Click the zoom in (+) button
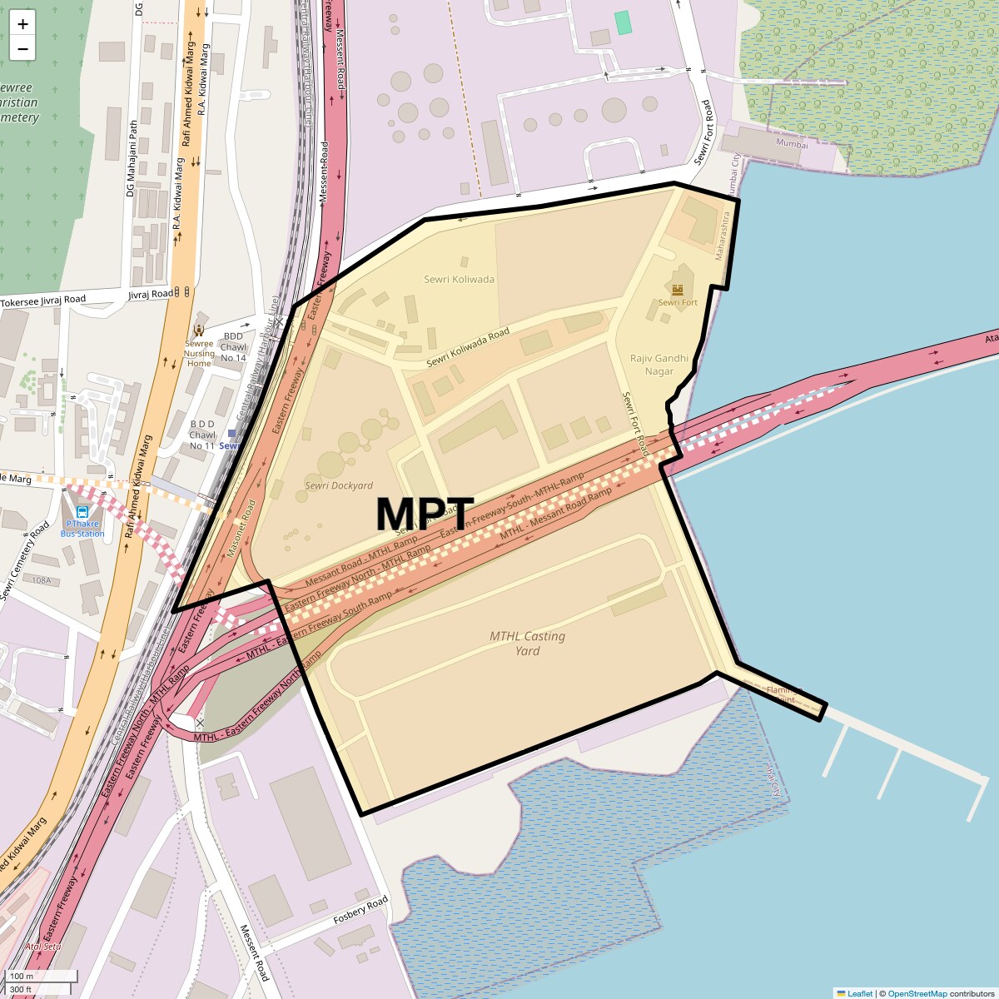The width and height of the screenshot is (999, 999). (x=22, y=24)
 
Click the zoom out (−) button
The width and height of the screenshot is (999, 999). (x=22, y=49)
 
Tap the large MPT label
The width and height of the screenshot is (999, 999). (x=425, y=514)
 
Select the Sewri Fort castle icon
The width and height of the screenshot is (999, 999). (x=678, y=289)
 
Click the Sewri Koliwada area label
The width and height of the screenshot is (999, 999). (x=459, y=280)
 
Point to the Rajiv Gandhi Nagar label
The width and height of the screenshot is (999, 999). (x=659, y=365)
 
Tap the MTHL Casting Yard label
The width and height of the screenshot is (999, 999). (x=527, y=643)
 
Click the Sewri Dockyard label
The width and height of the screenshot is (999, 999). (x=339, y=485)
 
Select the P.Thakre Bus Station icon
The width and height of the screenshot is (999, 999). (x=82, y=512)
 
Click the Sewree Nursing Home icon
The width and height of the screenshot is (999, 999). (x=199, y=331)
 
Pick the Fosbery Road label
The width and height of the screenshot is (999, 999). (x=360, y=912)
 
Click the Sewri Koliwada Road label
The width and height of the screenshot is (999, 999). (x=468, y=348)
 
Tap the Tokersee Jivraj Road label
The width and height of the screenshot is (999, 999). (x=43, y=301)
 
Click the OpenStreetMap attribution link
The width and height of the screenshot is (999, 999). (x=917, y=993)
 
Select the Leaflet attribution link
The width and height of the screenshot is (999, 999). (x=859, y=993)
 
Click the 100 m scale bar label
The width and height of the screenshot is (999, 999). (x=22, y=976)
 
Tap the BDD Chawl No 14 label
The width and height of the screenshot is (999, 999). (x=233, y=347)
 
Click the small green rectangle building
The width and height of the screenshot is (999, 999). (x=623, y=22)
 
